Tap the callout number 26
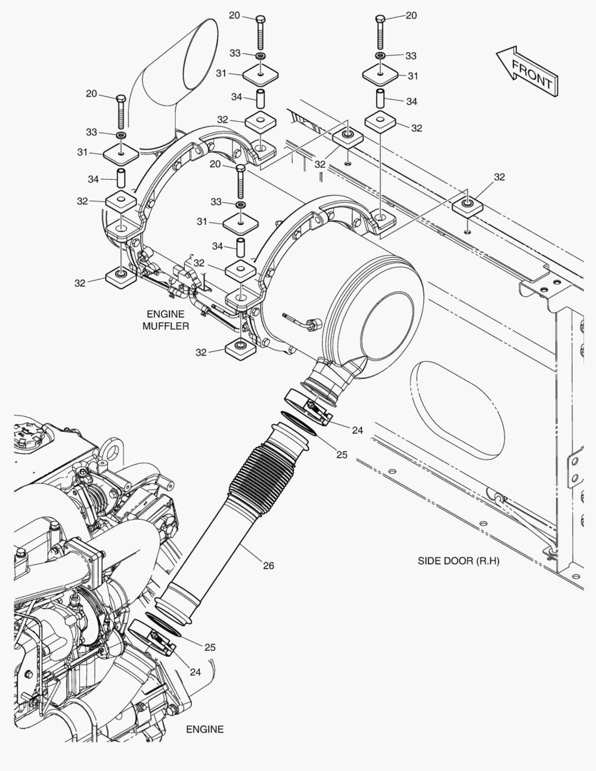[x=268, y=565]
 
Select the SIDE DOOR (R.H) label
[x=458, y=561]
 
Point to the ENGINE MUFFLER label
[x=165, y=320]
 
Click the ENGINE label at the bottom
[x=205, y=729]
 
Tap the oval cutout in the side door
[x=457, y=410]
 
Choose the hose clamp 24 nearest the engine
[x=151, y=638]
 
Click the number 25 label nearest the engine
[x=210, y=647]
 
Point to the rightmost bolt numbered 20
[x=381, y=32]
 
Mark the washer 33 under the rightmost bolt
[x=381, y=56]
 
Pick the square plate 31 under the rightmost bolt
[x=381, y=74]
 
